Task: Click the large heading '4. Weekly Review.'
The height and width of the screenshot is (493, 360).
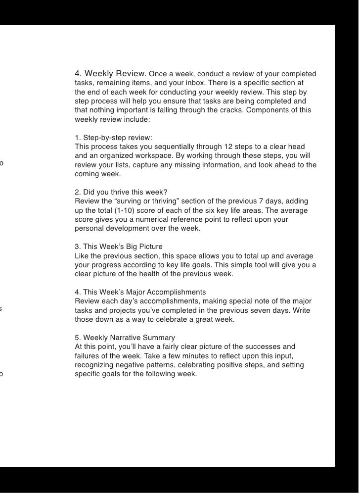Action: (110, 74)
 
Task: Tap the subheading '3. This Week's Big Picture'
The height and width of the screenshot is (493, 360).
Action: (119, 246)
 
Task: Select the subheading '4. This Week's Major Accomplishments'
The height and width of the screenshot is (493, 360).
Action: (140, 292)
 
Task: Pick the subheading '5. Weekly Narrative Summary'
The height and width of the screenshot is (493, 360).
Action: (125, 338)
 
